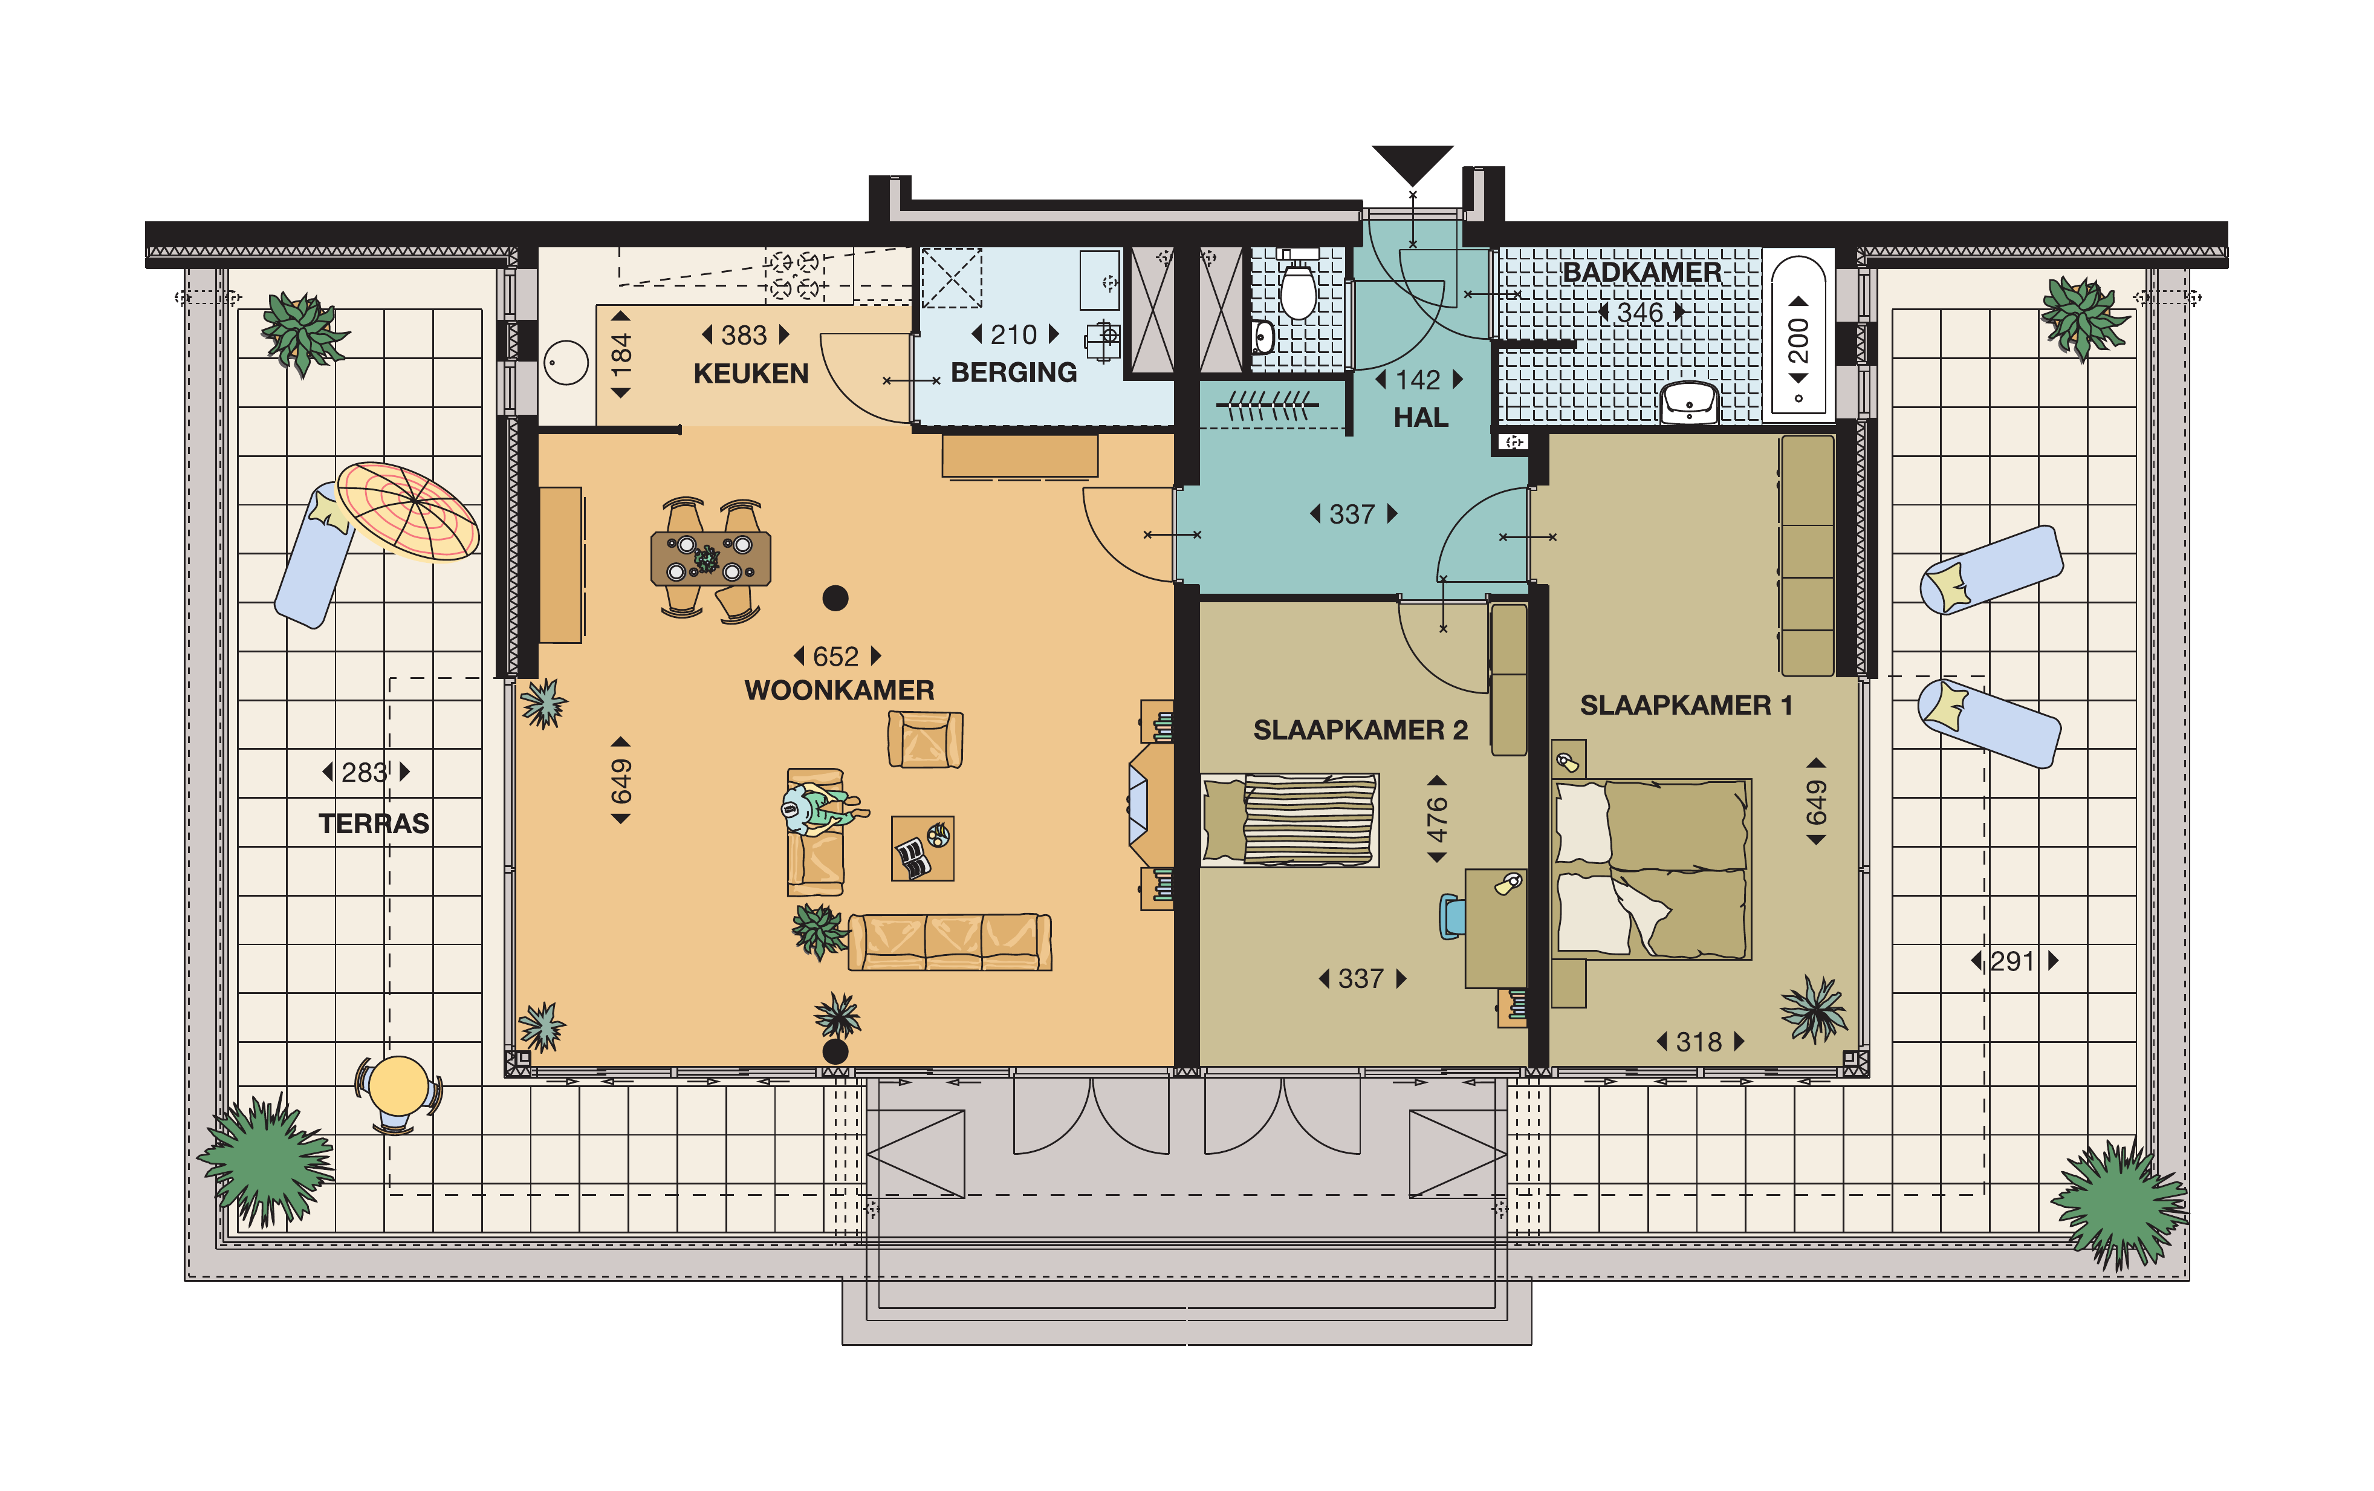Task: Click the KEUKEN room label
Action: [x=750, y=374]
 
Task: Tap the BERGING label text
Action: [x=1013, y=372]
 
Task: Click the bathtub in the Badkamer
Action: [x=1798, y=336]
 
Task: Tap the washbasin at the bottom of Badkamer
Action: [x=1689, y=402]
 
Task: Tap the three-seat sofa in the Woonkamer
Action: [x=949, y=942]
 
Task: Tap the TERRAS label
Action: [x=374, y=823]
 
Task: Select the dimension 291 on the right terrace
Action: [x=2012, y=961]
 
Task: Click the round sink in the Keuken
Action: [x=566, y=363]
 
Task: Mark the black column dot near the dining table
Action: [x=835, y=597]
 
